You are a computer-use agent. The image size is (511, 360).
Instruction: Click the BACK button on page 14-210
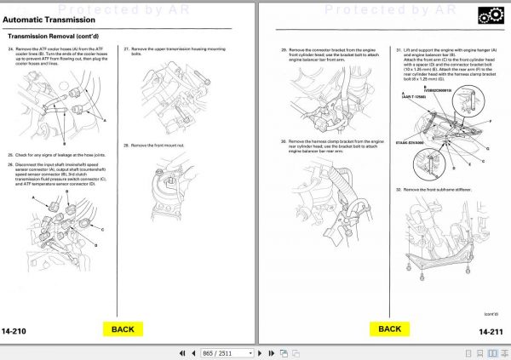click(x=123, y=329)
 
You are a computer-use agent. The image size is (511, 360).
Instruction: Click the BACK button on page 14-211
click(x=389, y=329)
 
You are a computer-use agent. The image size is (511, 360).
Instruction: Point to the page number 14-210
click(x=18, y=330)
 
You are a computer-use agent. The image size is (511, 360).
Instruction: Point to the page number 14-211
click(x=491, y=330)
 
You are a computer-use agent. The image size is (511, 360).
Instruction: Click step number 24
click(x=10, y=50)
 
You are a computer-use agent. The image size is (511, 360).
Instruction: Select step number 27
click(x=126, y=50)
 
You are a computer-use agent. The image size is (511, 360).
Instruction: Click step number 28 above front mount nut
click(x=126, y=145)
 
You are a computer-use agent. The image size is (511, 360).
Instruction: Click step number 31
click(x=398, y=50)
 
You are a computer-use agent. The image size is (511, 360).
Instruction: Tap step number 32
click(x=398, y=188)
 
